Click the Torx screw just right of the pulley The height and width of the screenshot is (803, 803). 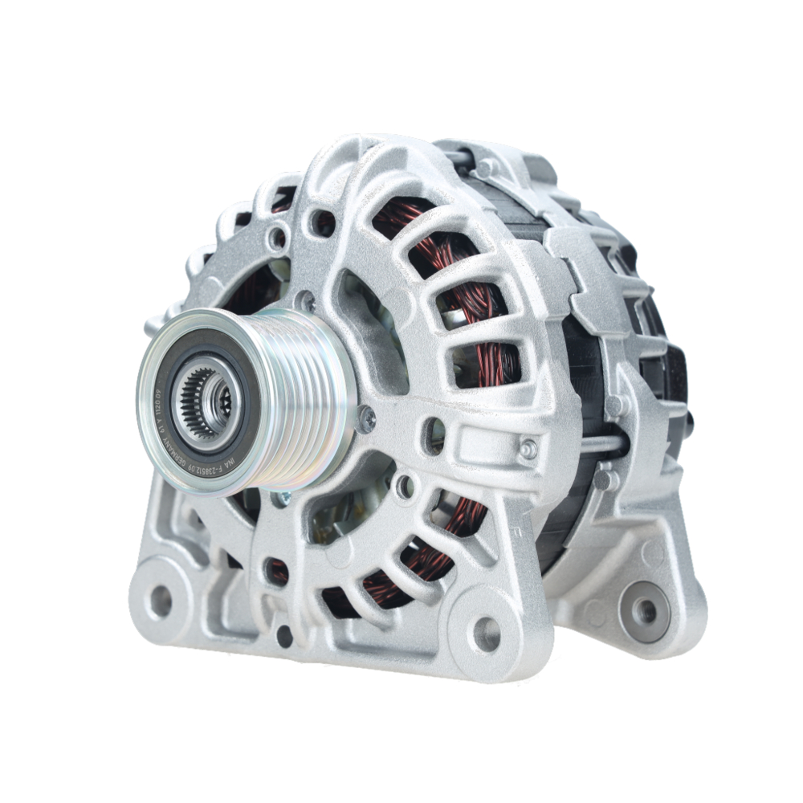[366, 417]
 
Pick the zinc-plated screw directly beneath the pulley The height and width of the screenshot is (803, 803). [282, 499]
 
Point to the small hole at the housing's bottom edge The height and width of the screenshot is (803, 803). [284, 636]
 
